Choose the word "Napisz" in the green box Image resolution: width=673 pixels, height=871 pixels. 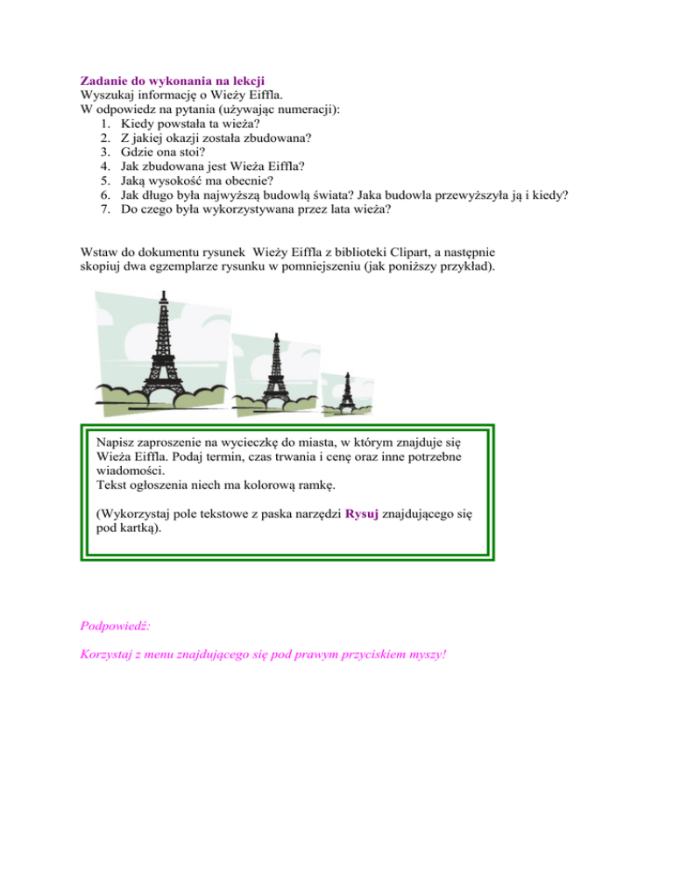click(x=117, y=443)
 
